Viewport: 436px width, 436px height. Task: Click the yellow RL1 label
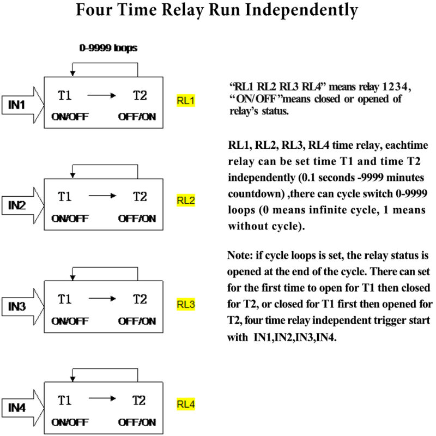(x=186, y=100)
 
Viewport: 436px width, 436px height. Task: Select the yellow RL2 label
(x=186, y=200)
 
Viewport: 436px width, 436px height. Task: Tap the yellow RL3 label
(x=186, y=304)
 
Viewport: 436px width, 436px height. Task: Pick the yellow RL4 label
(x=186, y=404)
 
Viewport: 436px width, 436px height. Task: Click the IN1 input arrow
(x=23, y=105)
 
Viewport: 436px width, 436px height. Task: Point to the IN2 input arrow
(x=23, y=205)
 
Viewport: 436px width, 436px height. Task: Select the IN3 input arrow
(x=23, y=306)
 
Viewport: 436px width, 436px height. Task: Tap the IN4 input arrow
(x=23, y=408)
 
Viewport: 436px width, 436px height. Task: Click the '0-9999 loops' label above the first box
(x=108, y=48)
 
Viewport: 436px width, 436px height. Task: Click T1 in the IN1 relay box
(x=64, y=95)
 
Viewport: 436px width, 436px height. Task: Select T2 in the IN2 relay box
(x=140, y=197)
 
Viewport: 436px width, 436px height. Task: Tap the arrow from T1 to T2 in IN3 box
(x=102, y=299)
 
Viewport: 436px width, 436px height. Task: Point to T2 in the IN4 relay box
(x=139, y=401)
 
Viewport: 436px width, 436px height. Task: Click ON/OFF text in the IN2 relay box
(x=70, y=219)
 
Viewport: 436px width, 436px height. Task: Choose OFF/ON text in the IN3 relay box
(x=137, y=321)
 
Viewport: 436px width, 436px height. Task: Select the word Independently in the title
(x=301, y=11)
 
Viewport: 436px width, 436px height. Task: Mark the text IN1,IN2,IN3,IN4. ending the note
(x=295, y=337)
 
